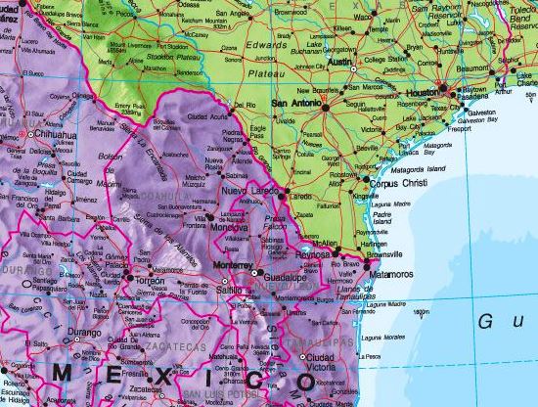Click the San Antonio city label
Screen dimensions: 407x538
tap(296, 102)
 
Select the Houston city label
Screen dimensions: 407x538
tap(421, 90)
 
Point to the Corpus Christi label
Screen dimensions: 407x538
tap(398, 182)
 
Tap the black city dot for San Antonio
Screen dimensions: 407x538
tap(325, 105)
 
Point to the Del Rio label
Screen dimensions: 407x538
tap(245, 105)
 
